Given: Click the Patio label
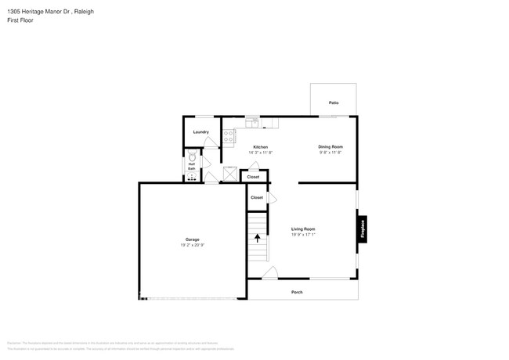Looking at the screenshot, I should click(x=334, y=103).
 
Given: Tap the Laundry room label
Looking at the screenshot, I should click(x=200, y=131).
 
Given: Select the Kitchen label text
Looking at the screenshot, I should click(x=260, y=147).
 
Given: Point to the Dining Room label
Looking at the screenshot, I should click(x=330, y=146).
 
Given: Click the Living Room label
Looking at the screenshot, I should click(x=303, y=229).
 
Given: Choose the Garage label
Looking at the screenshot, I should click(x=192, y=239).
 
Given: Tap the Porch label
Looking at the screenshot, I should click(x=297, y=292).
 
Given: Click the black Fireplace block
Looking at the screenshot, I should click(x=363, y=229).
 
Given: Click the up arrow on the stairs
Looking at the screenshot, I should click(x=257, y=238).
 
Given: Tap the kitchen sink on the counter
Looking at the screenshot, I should click(x=252, y=122).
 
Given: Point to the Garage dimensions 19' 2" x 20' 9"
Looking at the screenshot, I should click(x=192, y=245).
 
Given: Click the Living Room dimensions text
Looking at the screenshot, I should click(x=303, y=234).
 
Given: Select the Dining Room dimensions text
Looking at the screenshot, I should click(x=330, y=152).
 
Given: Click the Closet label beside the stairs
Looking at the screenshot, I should click(x=257, y=197).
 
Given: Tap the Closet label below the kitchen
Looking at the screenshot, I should click(x=253, y=177).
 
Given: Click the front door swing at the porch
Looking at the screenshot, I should click(x=269, y=273).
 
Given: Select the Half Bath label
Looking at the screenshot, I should click(x=191, y=166).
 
